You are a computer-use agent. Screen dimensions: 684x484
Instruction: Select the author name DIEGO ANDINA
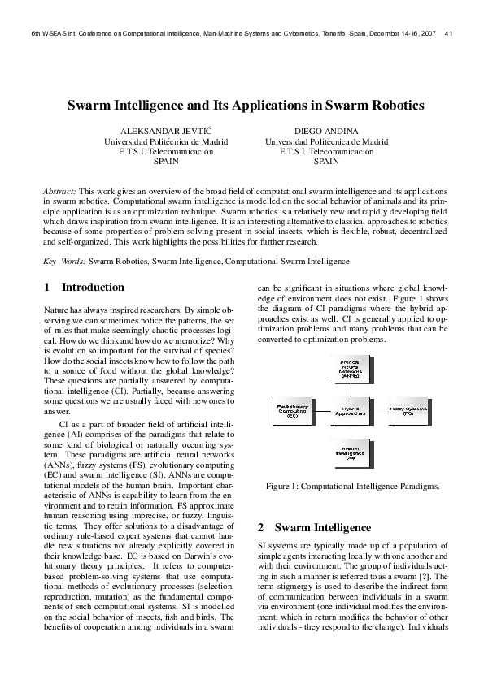click(x=326, y=130)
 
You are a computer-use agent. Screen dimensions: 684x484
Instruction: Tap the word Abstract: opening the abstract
click(x=59, y=189)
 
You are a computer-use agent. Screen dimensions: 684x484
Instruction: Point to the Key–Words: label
click(x=64, y=262)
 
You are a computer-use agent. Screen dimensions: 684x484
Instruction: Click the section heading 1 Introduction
click(x=84, y=288)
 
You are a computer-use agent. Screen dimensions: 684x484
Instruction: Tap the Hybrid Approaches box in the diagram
click(x=350, y=411)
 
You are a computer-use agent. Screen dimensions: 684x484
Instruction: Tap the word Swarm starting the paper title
click(x=88, y=105)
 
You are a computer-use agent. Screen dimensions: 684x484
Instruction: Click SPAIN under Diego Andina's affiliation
click(x=326, y=162)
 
